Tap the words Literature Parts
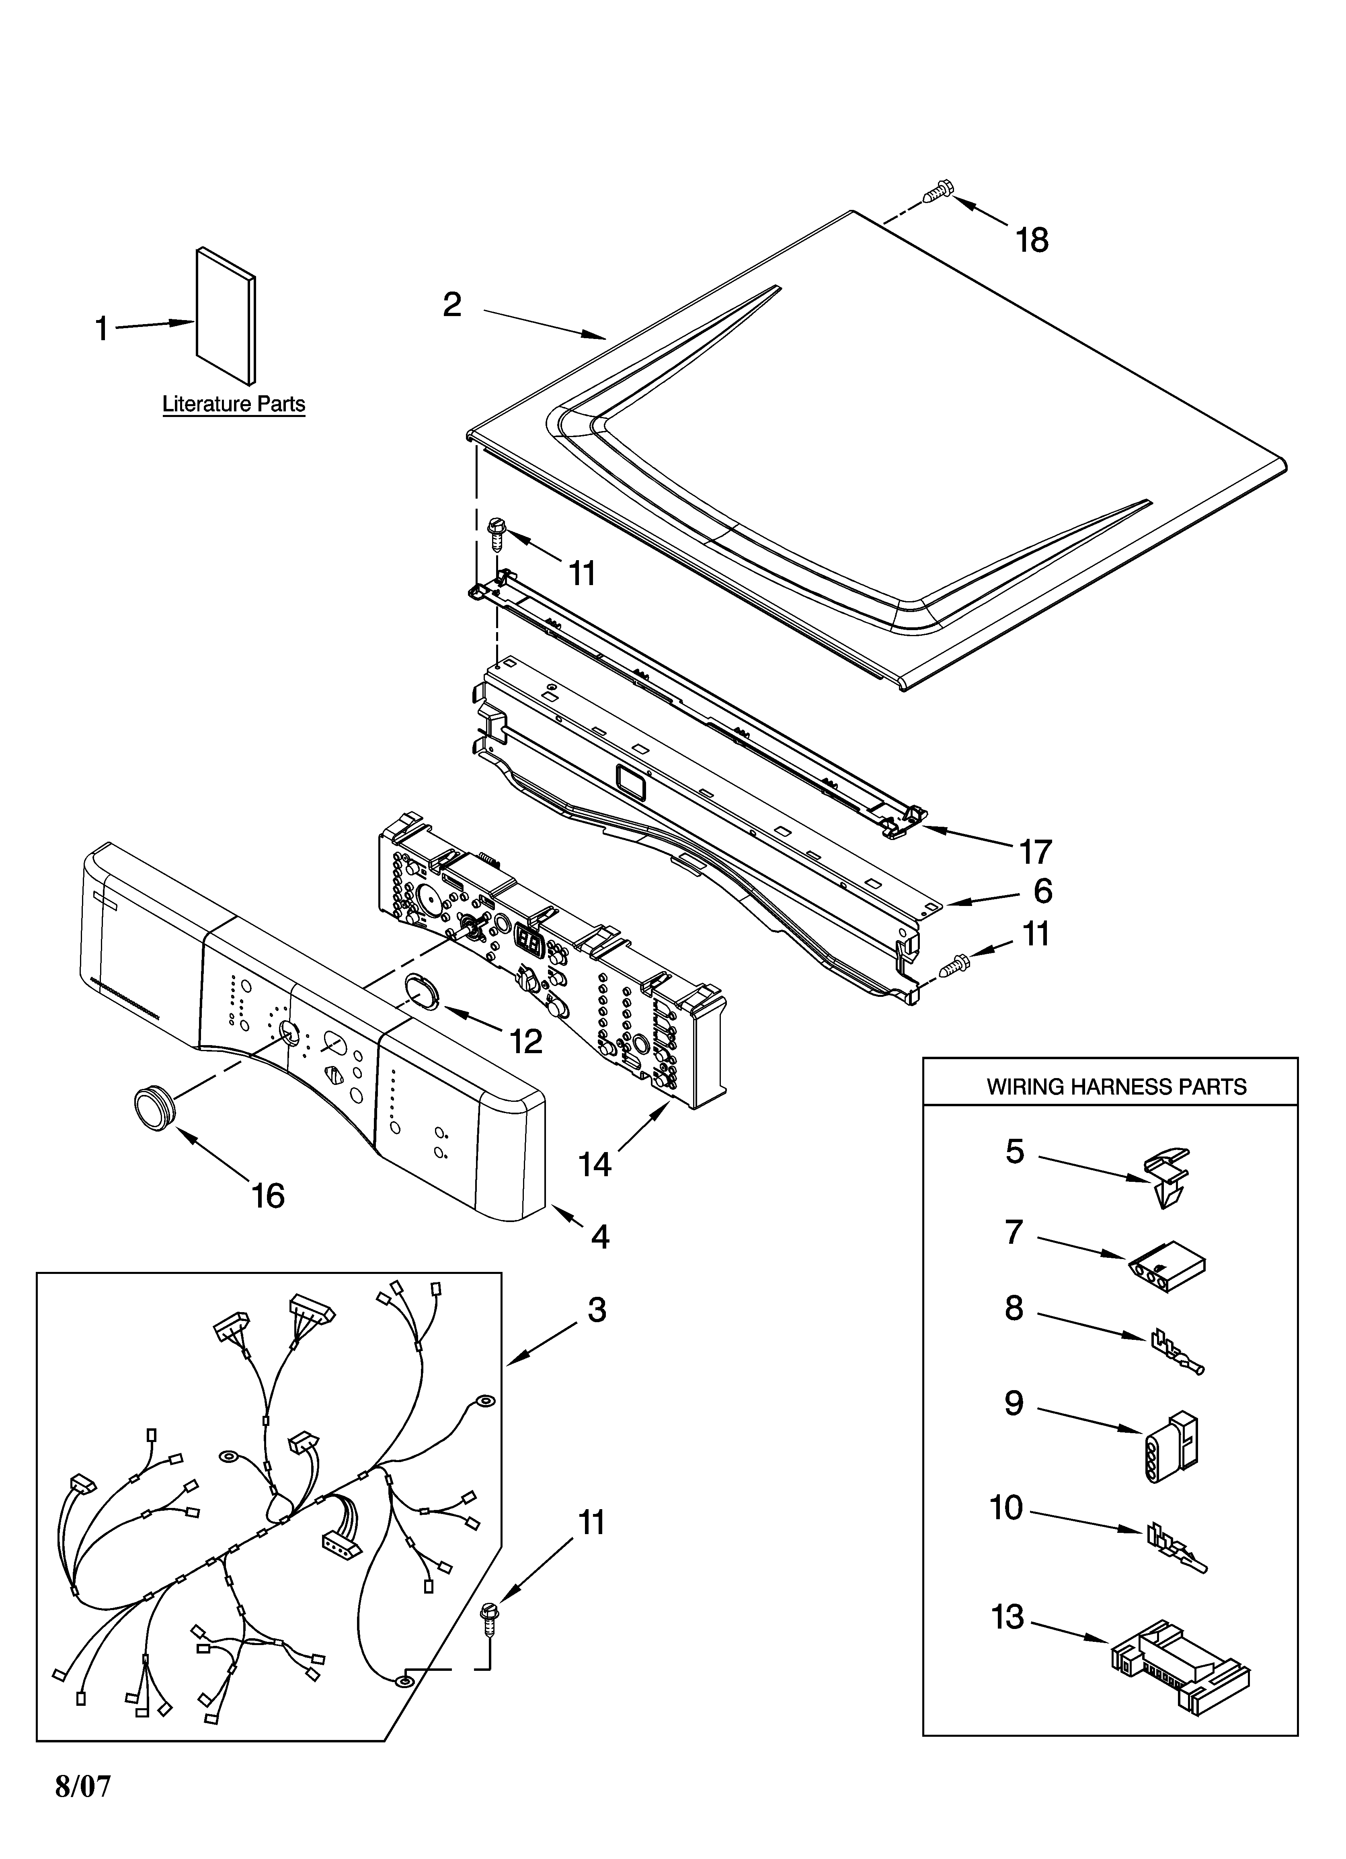[234, 404]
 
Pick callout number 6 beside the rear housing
[1042, 891]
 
